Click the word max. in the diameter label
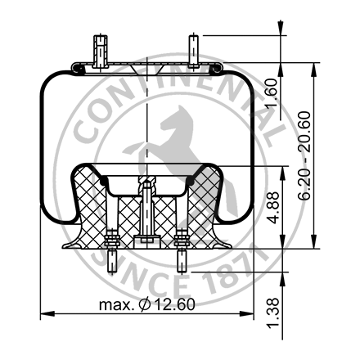point(116,305)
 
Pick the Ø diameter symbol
point(146,305)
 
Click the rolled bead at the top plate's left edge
point(74,67)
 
